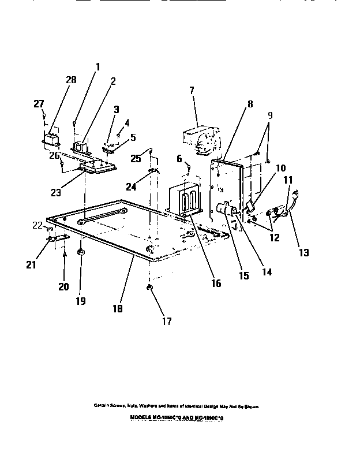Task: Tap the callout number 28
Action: coord(71,80)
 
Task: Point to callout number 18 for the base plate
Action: coord(117,309)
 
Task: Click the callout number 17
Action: coord(166,322)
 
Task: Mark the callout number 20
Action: coord(63,286)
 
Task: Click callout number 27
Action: coord(39,103)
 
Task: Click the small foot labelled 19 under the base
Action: coord(81,252)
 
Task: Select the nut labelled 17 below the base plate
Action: coord(149,287)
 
